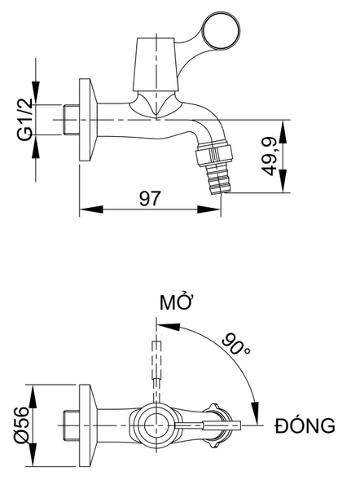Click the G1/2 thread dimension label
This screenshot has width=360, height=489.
tap(25, 120)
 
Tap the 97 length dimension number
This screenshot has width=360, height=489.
tap(150, 199)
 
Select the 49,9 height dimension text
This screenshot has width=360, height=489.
tap(269, 156)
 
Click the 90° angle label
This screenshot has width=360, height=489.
tap(236, 344)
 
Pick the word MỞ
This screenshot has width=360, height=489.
tap(175, 302)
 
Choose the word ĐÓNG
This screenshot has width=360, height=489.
tap(305, 425)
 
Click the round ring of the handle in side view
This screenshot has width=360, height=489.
tap(222, 30)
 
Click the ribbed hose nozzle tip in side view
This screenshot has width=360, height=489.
tap(219, 178)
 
